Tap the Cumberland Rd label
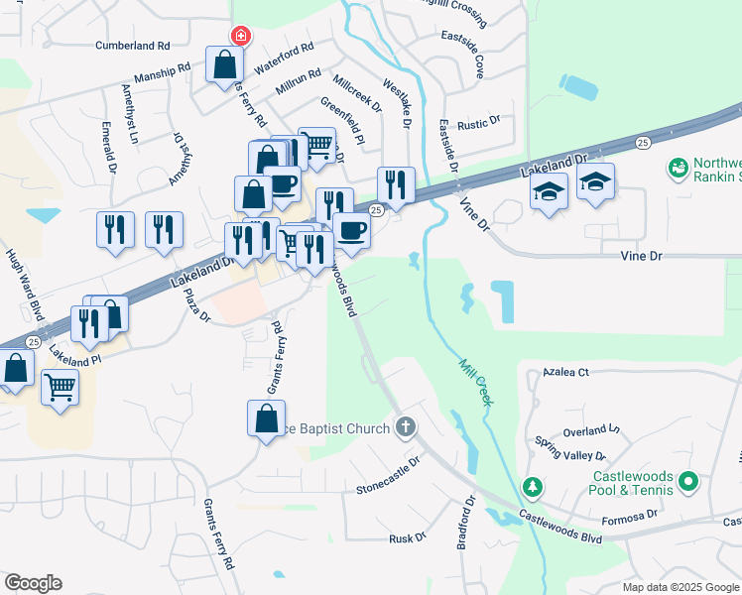click(x=133, y=46)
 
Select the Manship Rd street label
click(x=163, y=72)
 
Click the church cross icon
click(x=404, y=427)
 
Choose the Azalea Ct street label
click(x=565, y=372)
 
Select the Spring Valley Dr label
click(x=569, y=448)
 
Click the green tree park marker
click(x=533, y=487)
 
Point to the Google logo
click(x=33, y=583)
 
